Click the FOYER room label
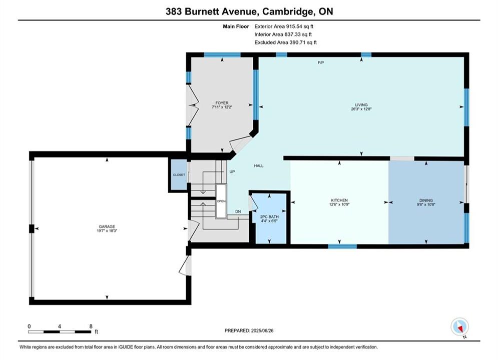click(222, 103)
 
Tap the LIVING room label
click(361, 104)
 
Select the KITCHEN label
click(339, 200)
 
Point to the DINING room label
click(426, 200)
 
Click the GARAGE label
click(107, 226)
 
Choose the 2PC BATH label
click(269, 217)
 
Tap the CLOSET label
click(179, 175)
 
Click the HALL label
click(259, 165)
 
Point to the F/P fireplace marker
click(321, 63)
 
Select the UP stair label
click(232, 171)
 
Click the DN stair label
click(238, 211)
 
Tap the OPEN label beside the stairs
click(221, 201)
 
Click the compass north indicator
click(459, 326)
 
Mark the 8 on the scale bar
click(91, 326)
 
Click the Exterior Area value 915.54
click(296, 26)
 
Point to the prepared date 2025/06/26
click(262, 330)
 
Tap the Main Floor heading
click(236, 26)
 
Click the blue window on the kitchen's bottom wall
click(342, 246)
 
